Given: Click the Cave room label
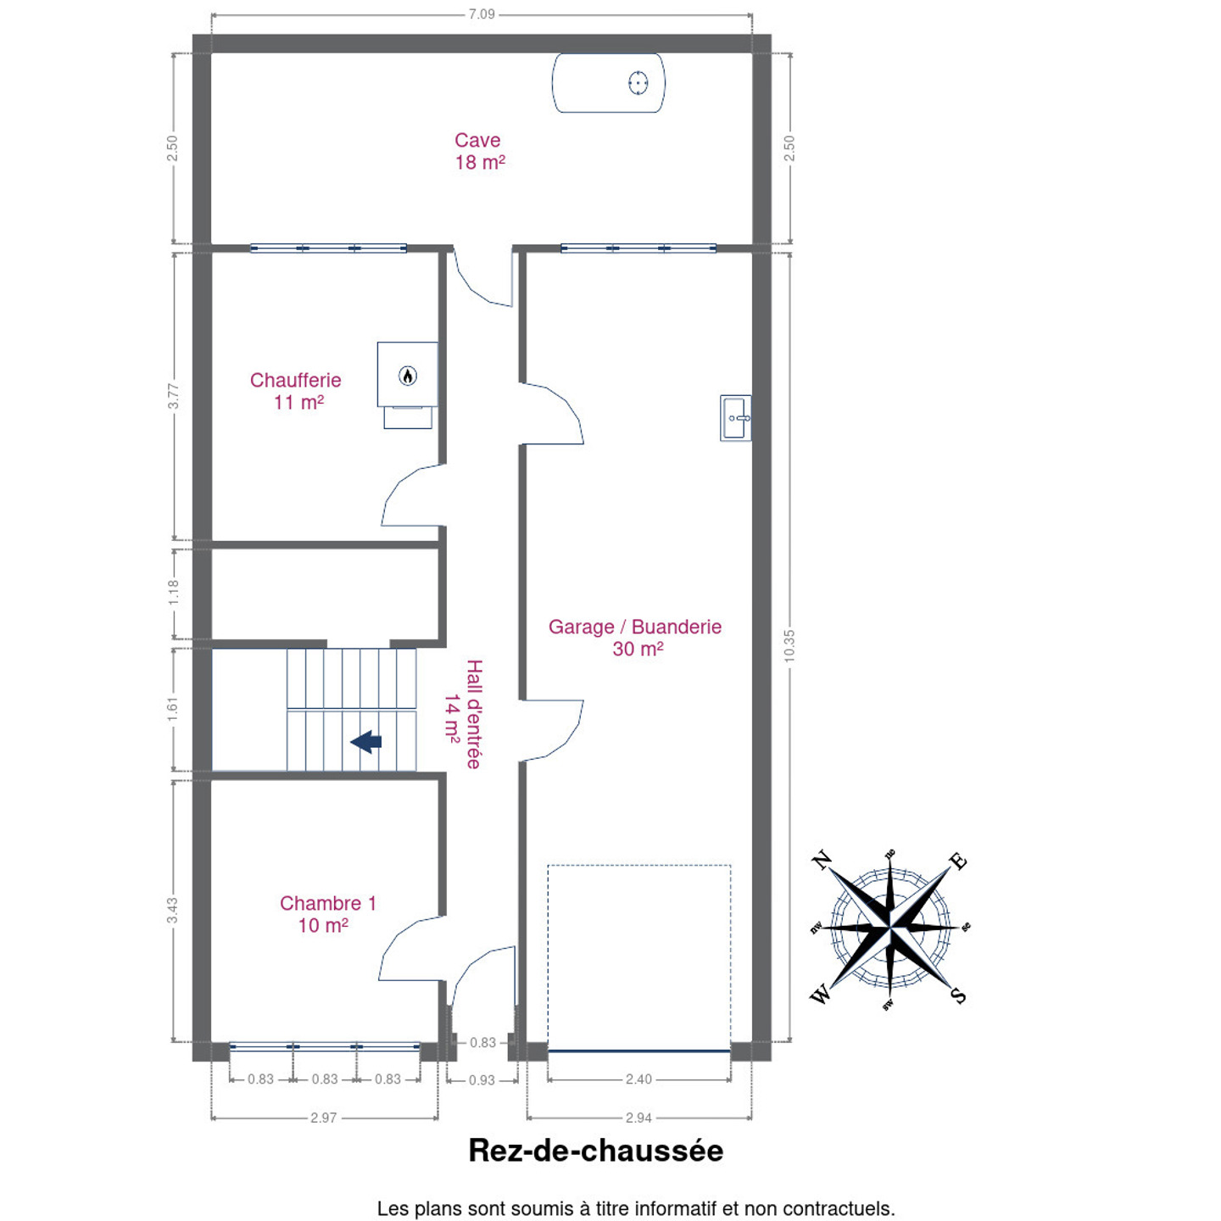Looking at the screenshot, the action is click(479, 151).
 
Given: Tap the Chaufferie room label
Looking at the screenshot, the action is click(296, 390).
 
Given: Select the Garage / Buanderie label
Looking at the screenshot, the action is click(635, 637).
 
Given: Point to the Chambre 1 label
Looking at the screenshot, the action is click(327, 914).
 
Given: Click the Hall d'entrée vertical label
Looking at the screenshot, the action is click(464, 714).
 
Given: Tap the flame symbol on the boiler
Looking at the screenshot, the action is click(407, 376).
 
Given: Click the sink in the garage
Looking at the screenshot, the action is click(736, 418).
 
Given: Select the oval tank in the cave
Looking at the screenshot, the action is click(608, 83).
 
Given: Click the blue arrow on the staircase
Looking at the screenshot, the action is click(366, 741).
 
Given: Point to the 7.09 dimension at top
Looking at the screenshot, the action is click(482, 14).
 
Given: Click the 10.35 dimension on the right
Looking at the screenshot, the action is click(789, 646).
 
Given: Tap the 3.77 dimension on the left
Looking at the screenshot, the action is click(174, 396).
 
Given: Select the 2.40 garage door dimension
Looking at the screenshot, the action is click(638, 1079).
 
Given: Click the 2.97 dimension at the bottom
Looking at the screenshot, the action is click(323, 1118).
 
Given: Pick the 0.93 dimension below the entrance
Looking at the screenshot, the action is click(482, 1080).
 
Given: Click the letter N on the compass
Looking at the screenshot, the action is click(822, 861).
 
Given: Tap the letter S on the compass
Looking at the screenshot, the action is click(959, 995).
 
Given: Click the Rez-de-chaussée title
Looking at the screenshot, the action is click(595, 1151).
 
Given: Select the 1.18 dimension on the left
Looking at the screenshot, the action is click(174, 592).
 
